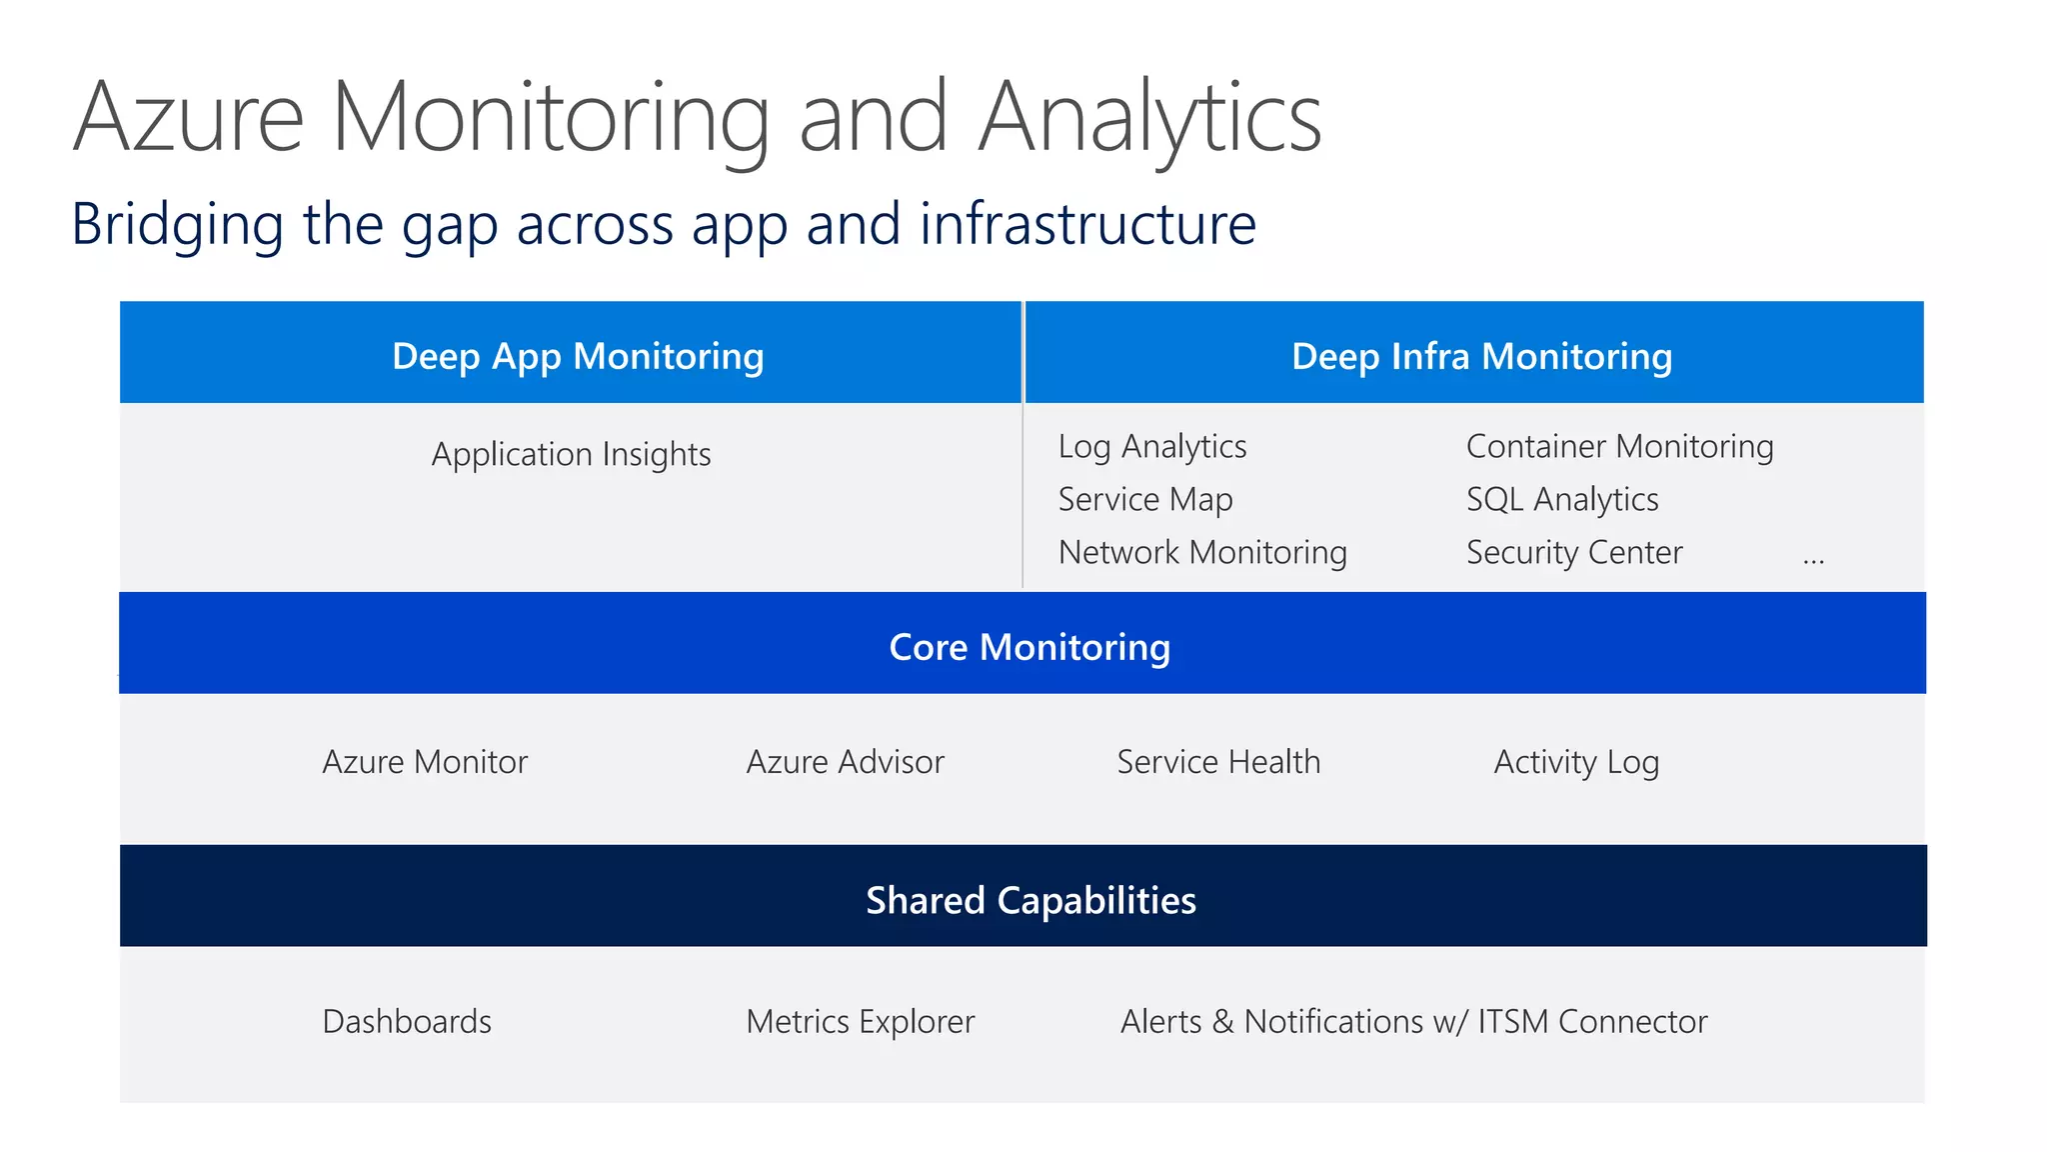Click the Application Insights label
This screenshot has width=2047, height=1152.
coord(571,454)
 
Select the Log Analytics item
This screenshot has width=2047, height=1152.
coord(1151,446)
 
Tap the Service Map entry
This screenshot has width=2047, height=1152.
coord(1144,499)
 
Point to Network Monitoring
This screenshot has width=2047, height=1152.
coord(1201,552)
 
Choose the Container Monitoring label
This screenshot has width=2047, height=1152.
coord(1619,446)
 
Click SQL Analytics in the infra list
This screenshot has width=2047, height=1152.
coord(1561,499)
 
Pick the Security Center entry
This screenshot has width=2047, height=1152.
coord(1573,552)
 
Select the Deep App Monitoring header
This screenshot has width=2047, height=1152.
coord(578,356)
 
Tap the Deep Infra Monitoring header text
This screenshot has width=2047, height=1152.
coord(1480,356)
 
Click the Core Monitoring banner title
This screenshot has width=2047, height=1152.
coord(1028,647)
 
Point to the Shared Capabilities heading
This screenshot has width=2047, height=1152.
coord(1029,900)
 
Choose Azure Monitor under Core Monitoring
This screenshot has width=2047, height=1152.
coord(424,762)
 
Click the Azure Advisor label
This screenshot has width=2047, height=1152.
coord(845,762)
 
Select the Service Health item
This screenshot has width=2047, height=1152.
coord(1217,762)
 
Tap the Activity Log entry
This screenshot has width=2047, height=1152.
coord(1575,762)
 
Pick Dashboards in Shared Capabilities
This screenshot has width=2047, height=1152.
coord(406,1021)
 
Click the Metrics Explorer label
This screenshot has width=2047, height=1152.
coord(860,1021)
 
